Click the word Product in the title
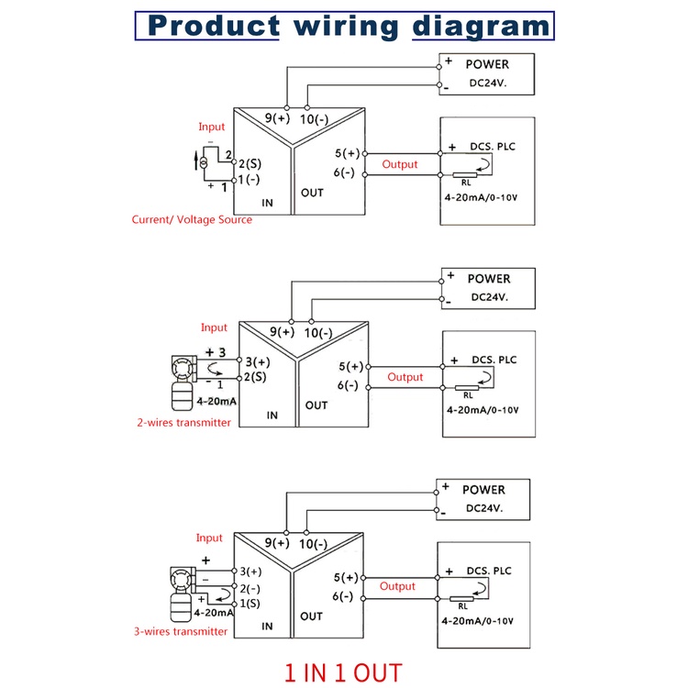214,25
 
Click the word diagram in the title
480,25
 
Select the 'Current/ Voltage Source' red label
192,220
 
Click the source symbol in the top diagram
203,162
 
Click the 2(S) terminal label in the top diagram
249,162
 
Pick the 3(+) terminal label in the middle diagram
256,361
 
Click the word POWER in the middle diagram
488,279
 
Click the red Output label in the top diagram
400,165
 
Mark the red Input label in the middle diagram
214,327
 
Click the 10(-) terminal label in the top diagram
317,118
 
